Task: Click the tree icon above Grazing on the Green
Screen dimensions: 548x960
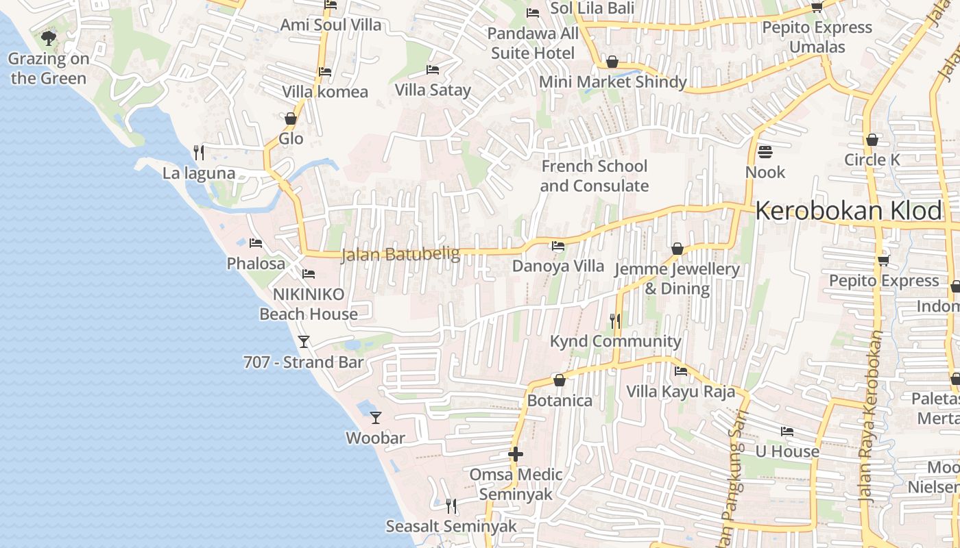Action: (48, 38)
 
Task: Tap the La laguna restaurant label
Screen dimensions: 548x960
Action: (199, 173)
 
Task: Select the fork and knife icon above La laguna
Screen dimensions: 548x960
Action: (199, 152)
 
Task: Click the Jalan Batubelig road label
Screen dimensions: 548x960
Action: (400, 254)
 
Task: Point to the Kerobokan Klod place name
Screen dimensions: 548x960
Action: (849, 211)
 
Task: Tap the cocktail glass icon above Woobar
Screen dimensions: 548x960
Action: (376, 417)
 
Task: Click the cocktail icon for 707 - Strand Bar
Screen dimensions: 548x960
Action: (304, 341)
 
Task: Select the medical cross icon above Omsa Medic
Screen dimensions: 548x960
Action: (516, 453)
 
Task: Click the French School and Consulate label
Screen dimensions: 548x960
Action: (595, 176)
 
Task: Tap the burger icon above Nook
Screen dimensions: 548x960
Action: (765, 151)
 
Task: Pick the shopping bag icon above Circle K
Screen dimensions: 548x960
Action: (872, 140)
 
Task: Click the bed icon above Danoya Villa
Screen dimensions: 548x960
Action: (558, 245)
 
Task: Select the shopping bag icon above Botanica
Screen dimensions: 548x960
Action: (560, 380)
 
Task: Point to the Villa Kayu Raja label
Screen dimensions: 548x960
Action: (681, 392)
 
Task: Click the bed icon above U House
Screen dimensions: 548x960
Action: (787, 432)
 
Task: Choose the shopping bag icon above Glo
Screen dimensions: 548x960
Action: (291, 119)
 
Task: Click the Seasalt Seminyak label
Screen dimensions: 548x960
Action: (451, 527)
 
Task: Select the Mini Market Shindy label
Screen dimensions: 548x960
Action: (612, 82)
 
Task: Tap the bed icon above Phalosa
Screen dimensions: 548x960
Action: (256, 242)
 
